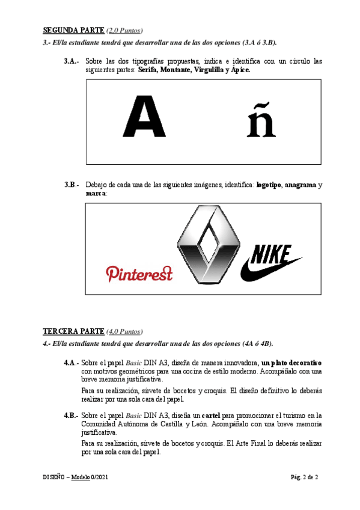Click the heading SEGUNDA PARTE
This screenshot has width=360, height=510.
point(73,29)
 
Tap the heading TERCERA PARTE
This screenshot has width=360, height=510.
point(73,331)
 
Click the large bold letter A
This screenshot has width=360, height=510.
point(144,117)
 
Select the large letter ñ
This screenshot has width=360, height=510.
point(261,120)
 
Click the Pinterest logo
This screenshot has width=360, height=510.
point(139,274)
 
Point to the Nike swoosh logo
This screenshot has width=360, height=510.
point(270,263)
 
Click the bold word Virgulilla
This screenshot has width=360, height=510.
point(205,70)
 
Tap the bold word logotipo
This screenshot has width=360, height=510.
point(268,185)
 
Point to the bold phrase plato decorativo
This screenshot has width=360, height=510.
point(291,363)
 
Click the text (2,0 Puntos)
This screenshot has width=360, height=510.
point(124,29)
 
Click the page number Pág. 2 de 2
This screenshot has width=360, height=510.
point(304,477)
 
